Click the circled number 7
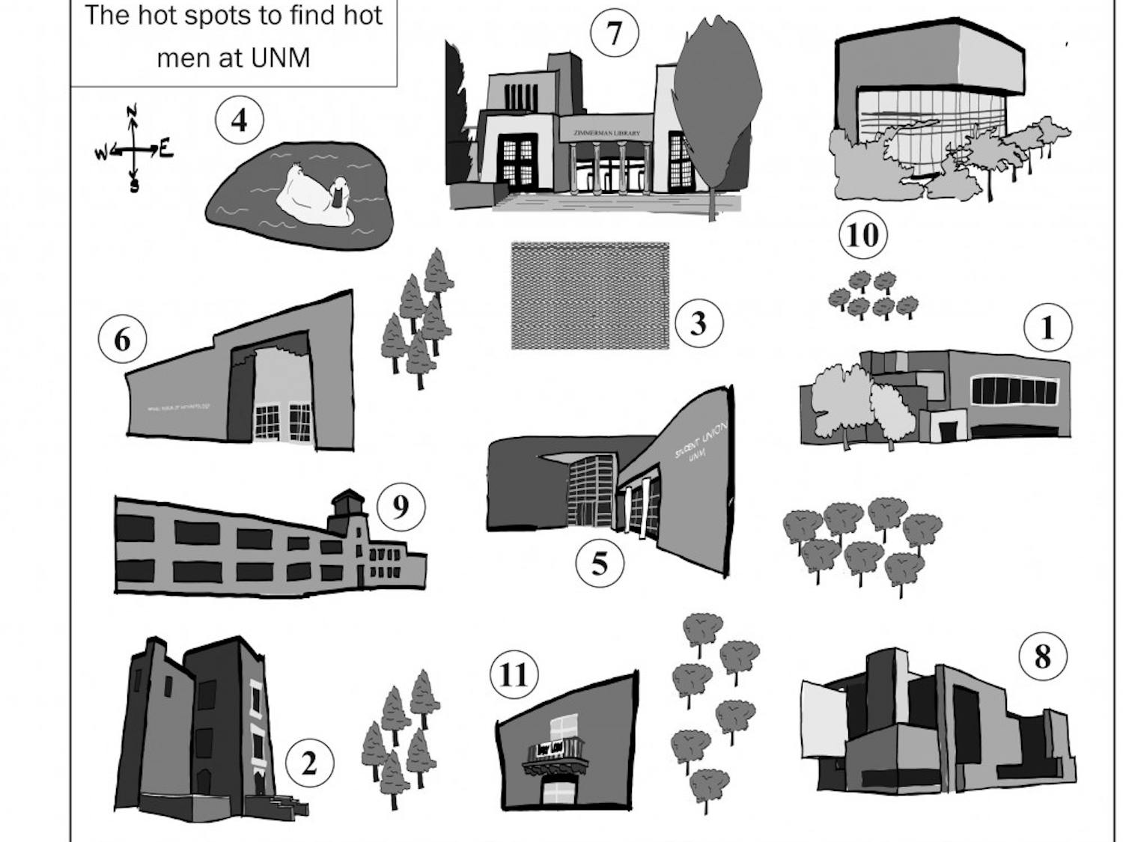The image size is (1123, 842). [614, 34]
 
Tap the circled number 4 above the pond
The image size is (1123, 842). [239, 120]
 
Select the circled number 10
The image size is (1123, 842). [862, 235]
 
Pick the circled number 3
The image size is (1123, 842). [698, 323]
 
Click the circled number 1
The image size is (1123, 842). [1047, 327]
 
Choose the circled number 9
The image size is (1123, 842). [401, 507]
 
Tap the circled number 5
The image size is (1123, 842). [600, 563]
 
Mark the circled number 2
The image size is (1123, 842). [308, 763]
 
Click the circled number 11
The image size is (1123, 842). [514, 674]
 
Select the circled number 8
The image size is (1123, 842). [1042, 656]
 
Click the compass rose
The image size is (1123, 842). [133, 150]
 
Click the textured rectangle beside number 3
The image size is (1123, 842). [590, 296]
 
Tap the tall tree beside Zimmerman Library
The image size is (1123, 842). [716, 97]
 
